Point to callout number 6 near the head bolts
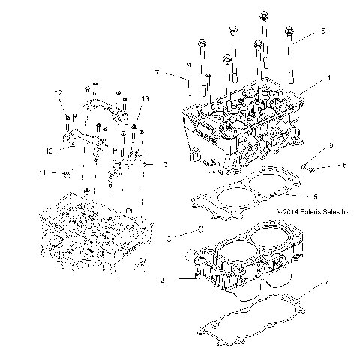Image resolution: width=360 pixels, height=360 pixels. pyautogui.click(x=323, y=31)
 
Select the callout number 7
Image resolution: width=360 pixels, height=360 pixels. pyautogui.click(x=157, y=72)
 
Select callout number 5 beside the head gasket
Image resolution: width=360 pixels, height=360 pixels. pyautogui.click(x=316, y=197)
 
